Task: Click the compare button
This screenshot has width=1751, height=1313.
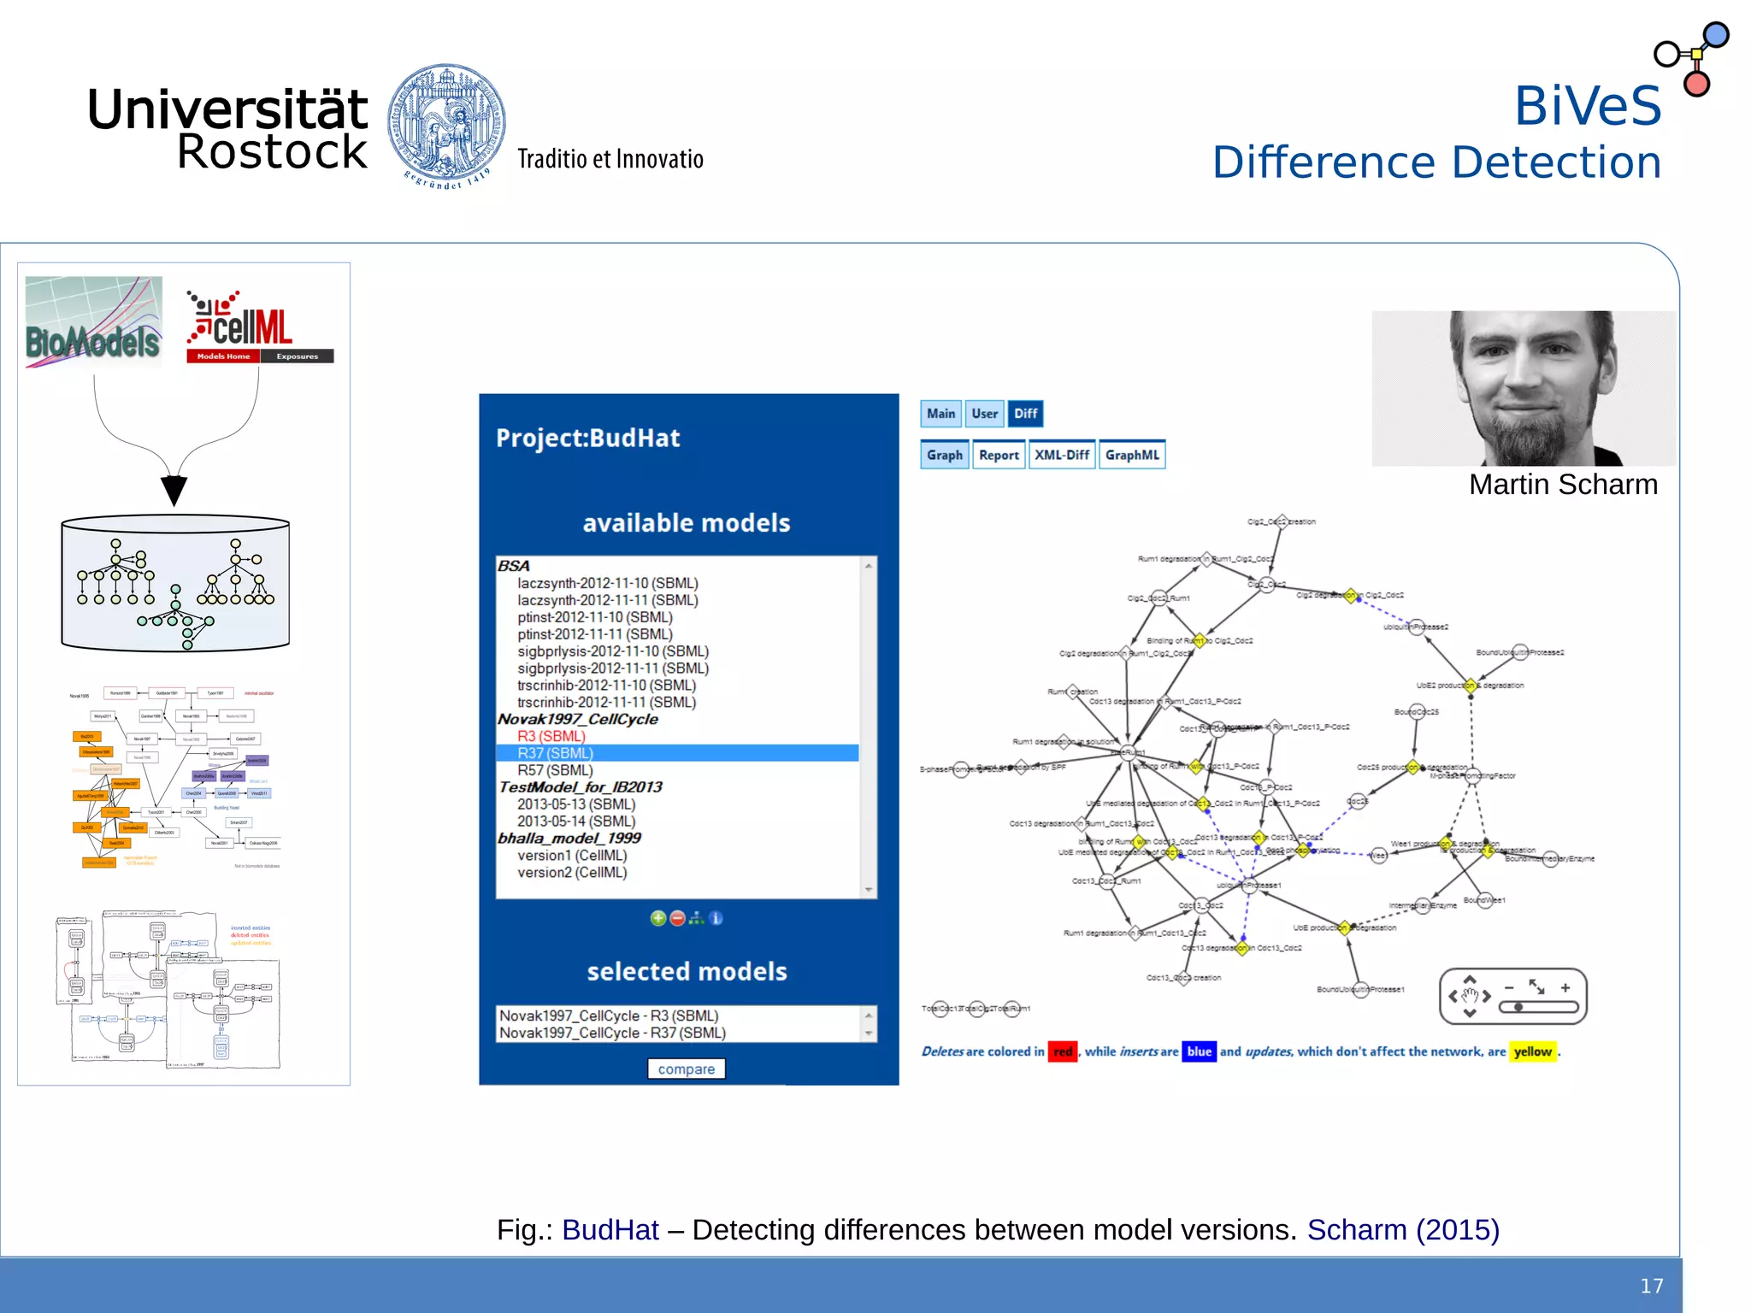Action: pyautogui.click(x=686, y=1069)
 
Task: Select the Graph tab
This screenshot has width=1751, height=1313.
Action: pyautogui.click(x=944, y=455)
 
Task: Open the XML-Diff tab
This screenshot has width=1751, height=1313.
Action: pyautogui.click(x=1062, y=455)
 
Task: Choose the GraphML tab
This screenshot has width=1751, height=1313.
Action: pyautogui.click(x=1132, y=455)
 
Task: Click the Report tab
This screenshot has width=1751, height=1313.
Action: pyautogui.click(x=999, y=455)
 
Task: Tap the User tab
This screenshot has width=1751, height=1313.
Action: pyautogui.click(x=984, y=414)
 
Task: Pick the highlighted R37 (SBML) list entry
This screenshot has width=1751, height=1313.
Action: pyautogui.click(x=555, y=753)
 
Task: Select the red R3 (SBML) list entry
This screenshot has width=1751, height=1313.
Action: pyautogui.click(x=551, y=736)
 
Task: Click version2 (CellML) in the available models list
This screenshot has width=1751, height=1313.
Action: pyautogui.click(x=572, y=872)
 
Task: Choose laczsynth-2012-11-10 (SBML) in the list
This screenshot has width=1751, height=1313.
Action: pyautogui.click(x=607, y=583)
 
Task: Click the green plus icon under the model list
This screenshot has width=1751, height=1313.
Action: pyautogui.click(x=657, y=918)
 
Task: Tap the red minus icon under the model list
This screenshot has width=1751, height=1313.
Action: pyautogui.click(x=677, y=918)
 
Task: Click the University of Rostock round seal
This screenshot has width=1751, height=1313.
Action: pyautogui.click(x=445, y=123)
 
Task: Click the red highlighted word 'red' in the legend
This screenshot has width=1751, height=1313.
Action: pyautogui.click(x=1063, y=1051)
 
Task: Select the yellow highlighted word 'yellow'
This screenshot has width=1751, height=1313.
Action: pyautogui.click(x=1532, y=1051)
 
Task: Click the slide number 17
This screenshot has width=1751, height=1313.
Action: pyautogui.click(x=1651, y=1286)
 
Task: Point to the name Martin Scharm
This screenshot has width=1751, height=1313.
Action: pyautogui.click(x=1563, y=485)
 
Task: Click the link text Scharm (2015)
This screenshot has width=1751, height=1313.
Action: pyautogui.click(x=1403, y=1229)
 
